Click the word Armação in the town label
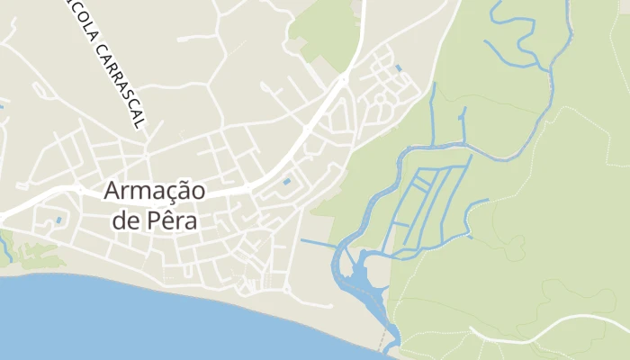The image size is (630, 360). tap(154, 191)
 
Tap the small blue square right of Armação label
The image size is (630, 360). tap(287, 182)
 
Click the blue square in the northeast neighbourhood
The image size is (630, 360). tap(398, 67)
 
